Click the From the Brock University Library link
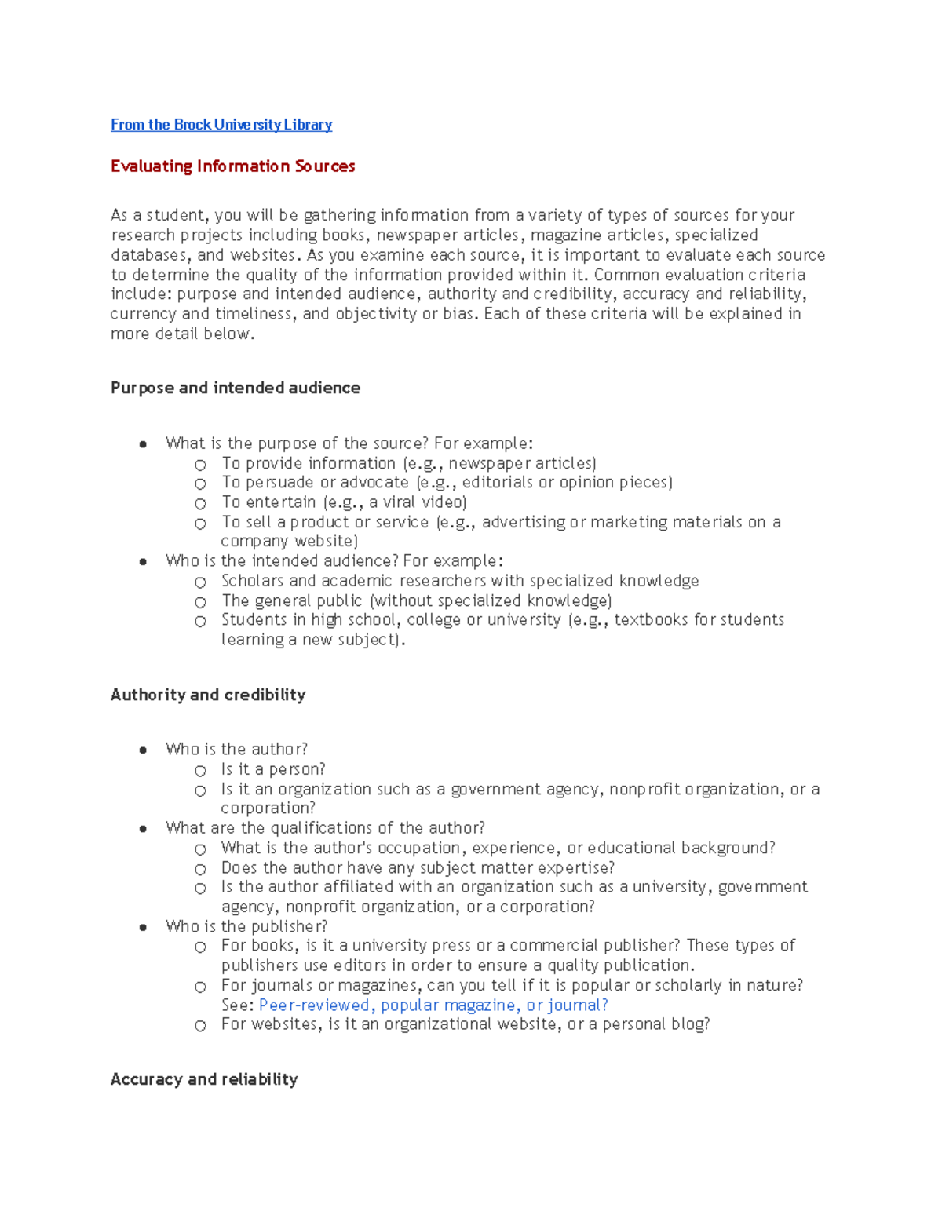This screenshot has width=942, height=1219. pyautogui.click(x=221, y=125)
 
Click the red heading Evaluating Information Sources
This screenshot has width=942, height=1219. pyautogui.click(x=232, y=166)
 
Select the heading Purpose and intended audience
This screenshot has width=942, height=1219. pyautogui.click(x=235, y=388)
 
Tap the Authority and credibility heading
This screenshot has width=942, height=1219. pyautogui.click(x=208, y=695)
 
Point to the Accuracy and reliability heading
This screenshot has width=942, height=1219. pyautogui.click(x=204, y=1079)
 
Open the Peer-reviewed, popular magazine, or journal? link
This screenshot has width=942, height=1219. pyautogui.click(x=433, y=1005)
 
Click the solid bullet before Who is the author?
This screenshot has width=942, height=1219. pyautogui.click(x=143, y=750)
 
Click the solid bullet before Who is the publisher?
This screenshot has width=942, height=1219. pyautogui.click(x=143, y=927)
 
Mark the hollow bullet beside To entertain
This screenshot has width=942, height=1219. pyautogui.click(x=201, y=504)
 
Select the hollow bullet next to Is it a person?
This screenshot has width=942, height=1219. pyautogui.click(x=201, y=771)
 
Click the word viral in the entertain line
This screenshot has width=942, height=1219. pyautogui.click(x=399, y=502)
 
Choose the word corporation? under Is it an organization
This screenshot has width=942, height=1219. pyautogui.click(x=268, y=808)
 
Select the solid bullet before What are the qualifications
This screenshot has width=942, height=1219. pyautogui.click(x=143, y=829)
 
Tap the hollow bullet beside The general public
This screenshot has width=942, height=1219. pyautogui.click(x=201, y=602)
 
